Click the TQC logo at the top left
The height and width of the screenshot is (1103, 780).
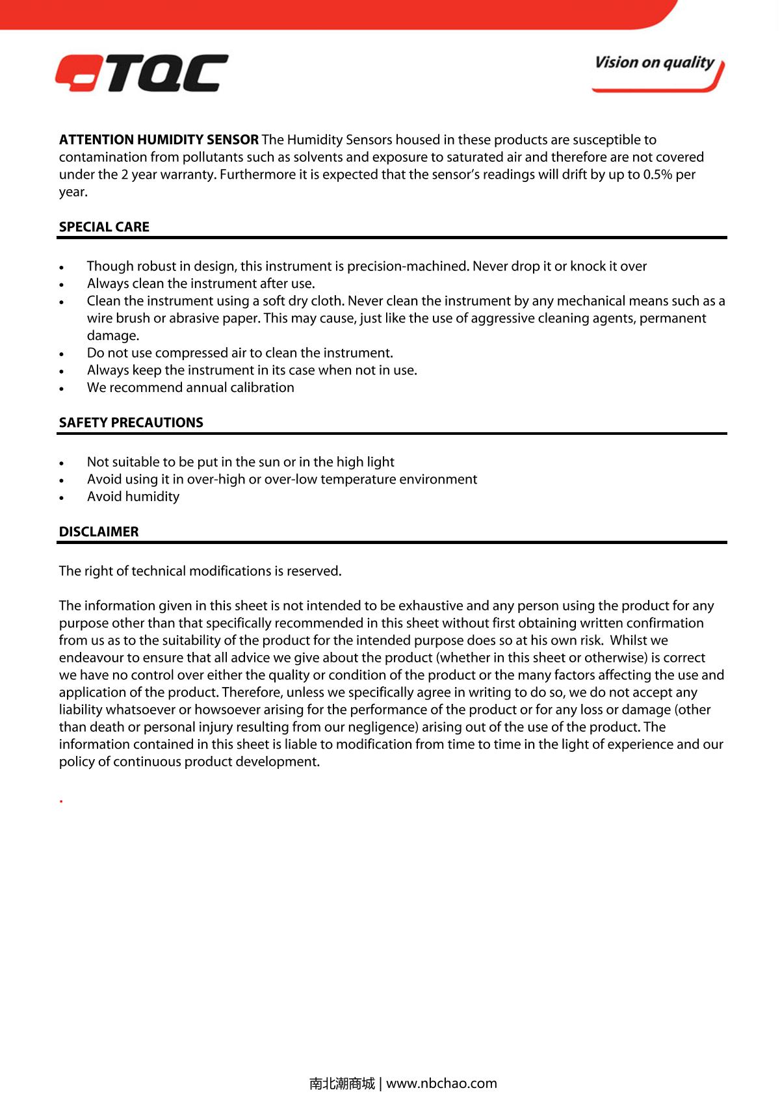(142, 73)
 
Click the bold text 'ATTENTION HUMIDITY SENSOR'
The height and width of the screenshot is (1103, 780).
(159, 140)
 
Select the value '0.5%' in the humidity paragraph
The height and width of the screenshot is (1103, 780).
(658, 174)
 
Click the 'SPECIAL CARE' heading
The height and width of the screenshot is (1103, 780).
(104, 227)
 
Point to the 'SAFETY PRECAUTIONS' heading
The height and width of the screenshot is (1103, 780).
(131, 422)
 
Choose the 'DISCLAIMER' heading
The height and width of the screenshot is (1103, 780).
(99, 532)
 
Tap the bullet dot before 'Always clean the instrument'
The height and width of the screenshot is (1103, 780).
(61, 285)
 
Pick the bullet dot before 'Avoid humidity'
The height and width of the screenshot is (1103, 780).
(61, 498)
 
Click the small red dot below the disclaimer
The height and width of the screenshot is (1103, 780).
(61, 801)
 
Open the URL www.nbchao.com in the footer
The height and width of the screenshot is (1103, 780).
(441, 1084)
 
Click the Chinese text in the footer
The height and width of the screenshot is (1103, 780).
(342, 1084)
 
